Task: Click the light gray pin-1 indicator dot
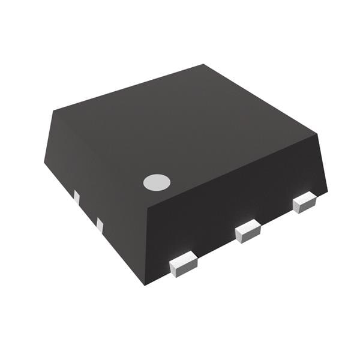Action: [157, 182]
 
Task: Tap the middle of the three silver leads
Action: [248, 231]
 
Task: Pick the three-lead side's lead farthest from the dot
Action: [304, 202]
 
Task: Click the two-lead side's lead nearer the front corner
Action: [100, 226]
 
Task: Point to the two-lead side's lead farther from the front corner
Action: [76, 197]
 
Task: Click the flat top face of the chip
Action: [186, 132]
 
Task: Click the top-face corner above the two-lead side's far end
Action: [53, 110]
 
